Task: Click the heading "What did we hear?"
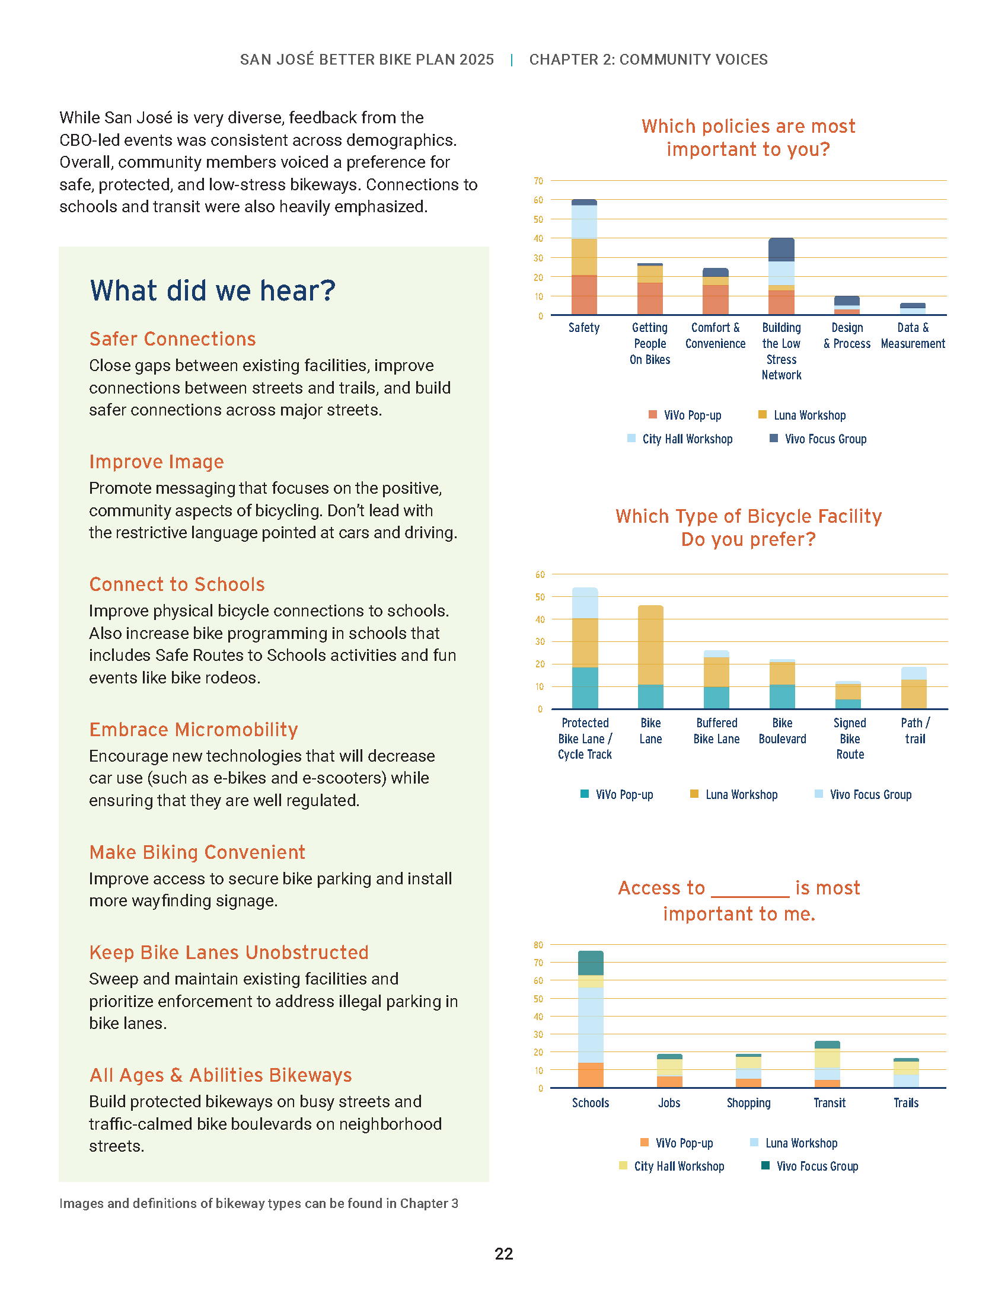pyautogui.click(x=213, y=292)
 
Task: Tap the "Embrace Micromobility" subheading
pyautogui.click(x=193, y=729)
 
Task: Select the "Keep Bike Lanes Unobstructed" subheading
pyautogui.click(x=229, y=952)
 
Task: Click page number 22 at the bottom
pyautogui.click(x=504, y=1253)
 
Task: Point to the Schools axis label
pyautogui.click(x=591, y=1103)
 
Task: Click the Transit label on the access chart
pyautogui.click(x=830, y=1103)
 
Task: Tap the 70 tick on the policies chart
pyautogui.click(x=538, y=181)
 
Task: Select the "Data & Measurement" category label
pyautogui.click(x=913, y=335)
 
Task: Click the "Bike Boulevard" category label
pyautogui.click(x=782, y=731)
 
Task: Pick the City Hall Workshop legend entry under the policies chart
pyautogui.click(x=680, y=439)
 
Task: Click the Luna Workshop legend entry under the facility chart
pyautogui.click(x=734, y=795)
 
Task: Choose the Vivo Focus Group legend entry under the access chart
pyautogui.click(x=810, y=1166)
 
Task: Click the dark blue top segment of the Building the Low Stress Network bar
pyautogui.click(x=781, y=250)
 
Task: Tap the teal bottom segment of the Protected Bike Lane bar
pyautogui.click(x=585, y=688)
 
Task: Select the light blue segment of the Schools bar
pyautogui.click(x=591, y=1025)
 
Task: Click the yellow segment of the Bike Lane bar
pyautogui.click(x=651, y=645)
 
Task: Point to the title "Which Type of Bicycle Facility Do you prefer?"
pyautogui.click(x=748, y=527)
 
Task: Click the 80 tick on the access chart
pyautogui.click(x=538, y=945)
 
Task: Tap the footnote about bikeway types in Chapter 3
pyautogui.click(x=259, y=1203)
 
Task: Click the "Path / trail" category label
pyautogui.click(x=915, y=731)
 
